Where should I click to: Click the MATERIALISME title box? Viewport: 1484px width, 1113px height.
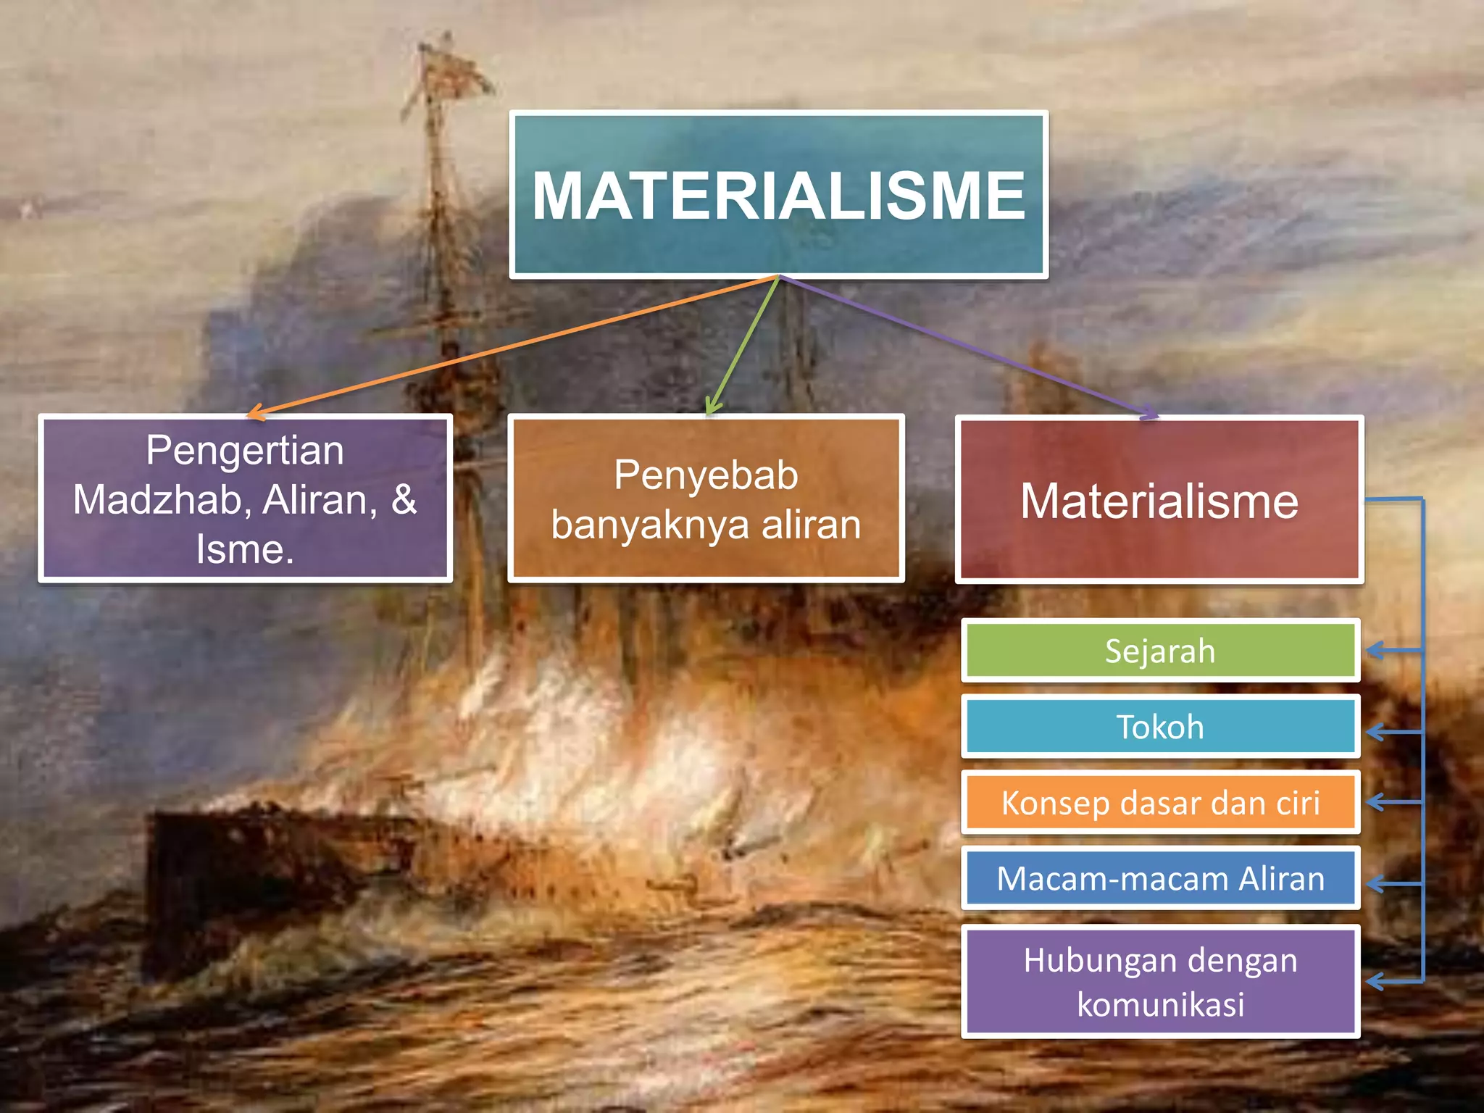pos(778,194)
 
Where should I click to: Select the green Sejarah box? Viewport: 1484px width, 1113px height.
pos(1159,650)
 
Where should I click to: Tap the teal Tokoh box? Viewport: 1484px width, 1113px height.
pos(1159,726)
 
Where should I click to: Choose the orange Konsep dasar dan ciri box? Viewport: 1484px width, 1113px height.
pos(1159,802)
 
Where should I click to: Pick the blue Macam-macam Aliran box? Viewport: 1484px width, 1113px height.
pos(1159,878)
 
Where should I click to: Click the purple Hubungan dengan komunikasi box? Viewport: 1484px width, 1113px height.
pos(1159,981)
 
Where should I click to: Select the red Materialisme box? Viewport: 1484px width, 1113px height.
pos(1159,500)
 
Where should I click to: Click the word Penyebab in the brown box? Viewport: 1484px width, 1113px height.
pos(706,475)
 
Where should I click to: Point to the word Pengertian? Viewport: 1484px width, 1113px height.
pos(245,450)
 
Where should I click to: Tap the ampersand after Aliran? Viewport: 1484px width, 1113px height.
pos(404,499)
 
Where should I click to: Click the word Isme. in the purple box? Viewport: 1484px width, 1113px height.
pos(245,549)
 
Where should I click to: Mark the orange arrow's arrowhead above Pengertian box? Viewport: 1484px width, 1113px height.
pos(255,414)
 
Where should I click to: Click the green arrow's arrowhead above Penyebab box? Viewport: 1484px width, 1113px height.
pos(712,408)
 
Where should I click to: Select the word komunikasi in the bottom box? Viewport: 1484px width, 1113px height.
pos(1160,1004)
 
